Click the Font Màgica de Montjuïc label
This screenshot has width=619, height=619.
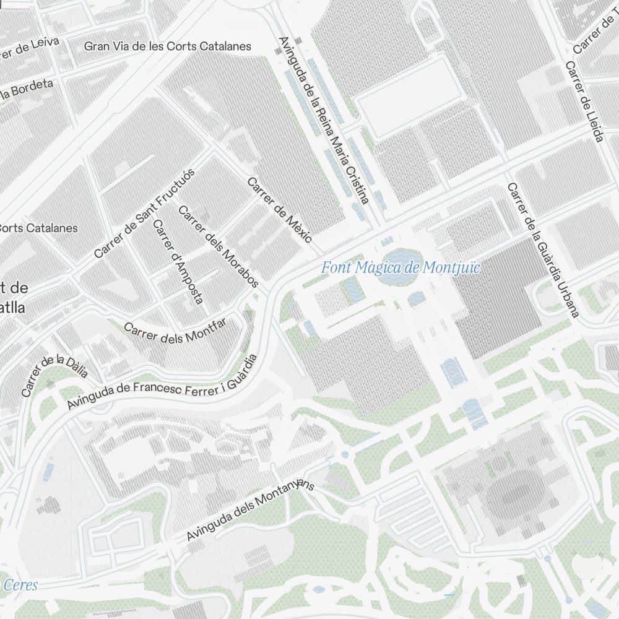coord(400,268)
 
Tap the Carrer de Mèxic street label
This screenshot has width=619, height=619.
coord(280,210)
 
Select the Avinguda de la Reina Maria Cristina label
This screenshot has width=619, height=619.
coord(324,120)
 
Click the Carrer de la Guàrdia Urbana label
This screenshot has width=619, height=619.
coord(542,250)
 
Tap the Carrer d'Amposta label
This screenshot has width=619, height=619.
coord(178,262)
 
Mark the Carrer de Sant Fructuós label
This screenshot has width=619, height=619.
coord(144,213)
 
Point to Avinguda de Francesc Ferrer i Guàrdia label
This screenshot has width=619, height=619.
coord(162,382)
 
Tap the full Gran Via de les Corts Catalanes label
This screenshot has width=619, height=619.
coord(168,46)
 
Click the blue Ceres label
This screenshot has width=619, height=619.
coord(20,585)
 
